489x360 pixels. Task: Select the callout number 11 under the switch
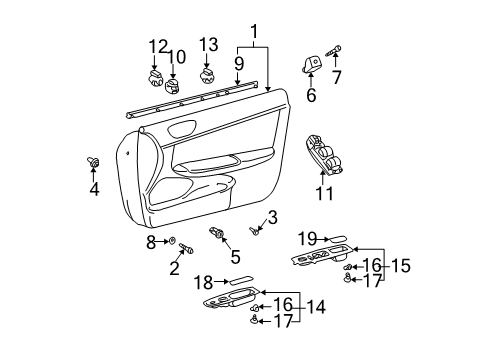[325, 194]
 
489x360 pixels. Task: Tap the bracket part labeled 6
[311, 66]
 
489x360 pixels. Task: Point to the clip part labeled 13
[208, 74]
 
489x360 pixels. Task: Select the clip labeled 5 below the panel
[216, 234]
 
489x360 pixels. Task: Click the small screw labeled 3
[256, 231]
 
